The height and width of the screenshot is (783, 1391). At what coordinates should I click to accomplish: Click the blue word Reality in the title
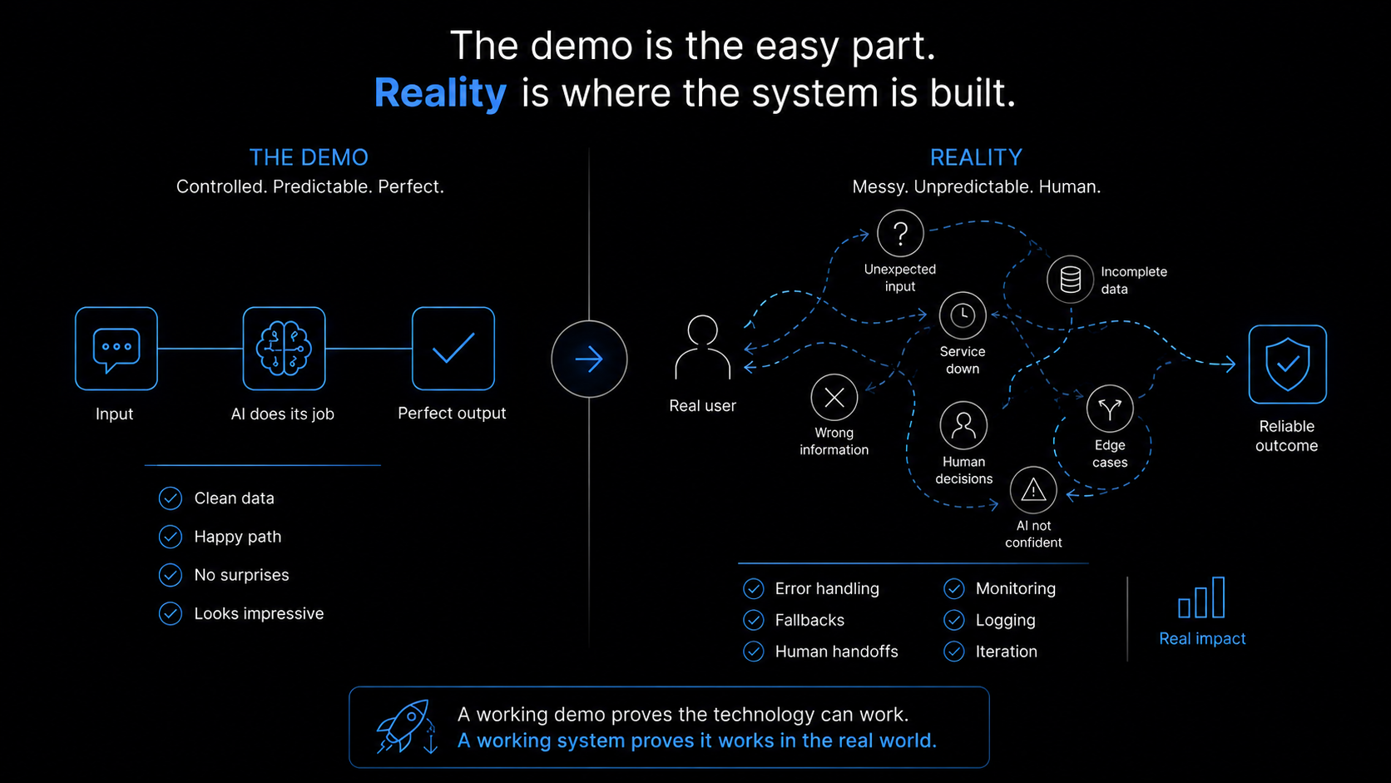tap(440, 93)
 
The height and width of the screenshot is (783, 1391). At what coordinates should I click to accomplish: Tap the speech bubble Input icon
tap(116, 349)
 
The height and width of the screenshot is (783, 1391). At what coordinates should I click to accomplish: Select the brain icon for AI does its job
tap(284, 349)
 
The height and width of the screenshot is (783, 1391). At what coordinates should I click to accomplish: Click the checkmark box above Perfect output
tap(453, 349)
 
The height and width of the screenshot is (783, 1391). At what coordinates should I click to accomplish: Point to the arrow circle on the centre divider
tap(589, 359)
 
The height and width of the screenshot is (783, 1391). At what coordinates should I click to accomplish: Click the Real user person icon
tap(702, 347)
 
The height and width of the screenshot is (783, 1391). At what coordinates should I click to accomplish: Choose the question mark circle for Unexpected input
tap(900, 234)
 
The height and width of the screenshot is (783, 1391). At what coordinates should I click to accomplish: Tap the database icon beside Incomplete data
tap(1070, 280)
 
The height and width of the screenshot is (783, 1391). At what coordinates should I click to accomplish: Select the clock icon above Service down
tap(963, 315)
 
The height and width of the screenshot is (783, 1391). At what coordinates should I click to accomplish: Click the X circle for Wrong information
tap(834, 398)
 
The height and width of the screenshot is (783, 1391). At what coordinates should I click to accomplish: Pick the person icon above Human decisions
tap(963, 426)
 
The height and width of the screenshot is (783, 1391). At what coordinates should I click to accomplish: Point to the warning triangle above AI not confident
tap(1033, 491)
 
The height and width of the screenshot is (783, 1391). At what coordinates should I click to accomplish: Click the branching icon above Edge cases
tap(1110, 409)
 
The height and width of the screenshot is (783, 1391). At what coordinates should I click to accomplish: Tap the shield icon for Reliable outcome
tap(1287, 364)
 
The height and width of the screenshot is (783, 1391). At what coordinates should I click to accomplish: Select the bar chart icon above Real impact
tap(1201, 597)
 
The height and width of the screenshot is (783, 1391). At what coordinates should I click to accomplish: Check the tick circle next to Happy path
tap(171, 537)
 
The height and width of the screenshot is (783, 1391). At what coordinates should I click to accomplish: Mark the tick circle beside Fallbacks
tap(753, 620)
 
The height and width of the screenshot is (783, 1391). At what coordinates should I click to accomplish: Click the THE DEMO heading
tap(309, 158)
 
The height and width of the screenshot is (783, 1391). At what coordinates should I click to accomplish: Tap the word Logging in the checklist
tap(1005, 620)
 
